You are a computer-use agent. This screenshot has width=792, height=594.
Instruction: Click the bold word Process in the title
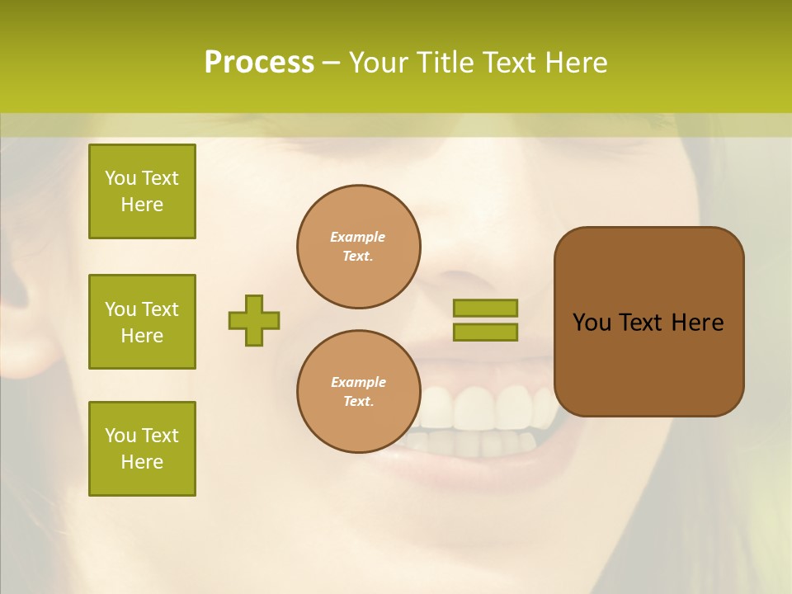click(x=259, y=63)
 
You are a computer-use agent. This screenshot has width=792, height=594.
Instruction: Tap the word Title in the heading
click(x=445, y=63)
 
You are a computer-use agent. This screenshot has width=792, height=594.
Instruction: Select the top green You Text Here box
click(x=142, y=191)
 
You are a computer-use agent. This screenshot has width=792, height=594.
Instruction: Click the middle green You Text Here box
click(x=142, y=322)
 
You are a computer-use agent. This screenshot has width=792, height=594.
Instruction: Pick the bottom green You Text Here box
click(x=142, y=449)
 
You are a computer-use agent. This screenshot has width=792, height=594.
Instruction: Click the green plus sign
click(x=254, y=320)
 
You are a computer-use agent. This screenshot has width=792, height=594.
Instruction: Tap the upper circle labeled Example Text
click(x=359, y=247)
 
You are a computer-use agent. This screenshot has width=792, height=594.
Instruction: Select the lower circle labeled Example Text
click(x=359, y=392)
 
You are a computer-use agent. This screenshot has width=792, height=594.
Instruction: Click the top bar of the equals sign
click(x=485, y=308)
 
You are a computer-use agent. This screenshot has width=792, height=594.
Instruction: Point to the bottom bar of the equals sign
click(x=485, y=332)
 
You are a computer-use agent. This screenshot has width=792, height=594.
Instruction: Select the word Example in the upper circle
click(x=357, y=237)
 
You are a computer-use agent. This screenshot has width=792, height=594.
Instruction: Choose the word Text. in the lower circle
click(x=359, y=402)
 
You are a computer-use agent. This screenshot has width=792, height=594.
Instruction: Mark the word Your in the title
click(x=379, y=63)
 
